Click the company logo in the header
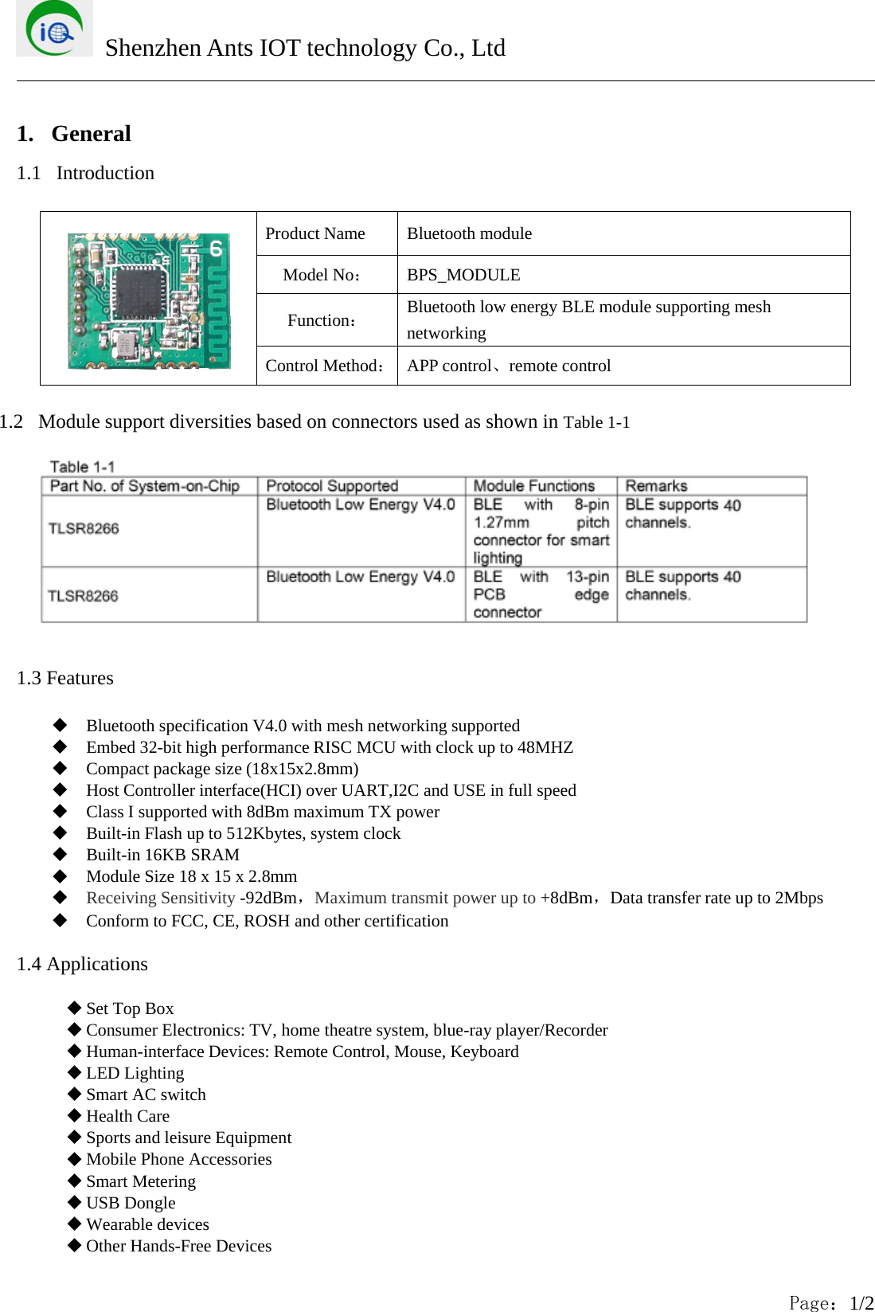click(x=54, y=29)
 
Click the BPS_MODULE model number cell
click(x=463, y=275)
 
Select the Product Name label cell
click(x=315, y=233)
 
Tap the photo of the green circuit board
click(x=149, y=301)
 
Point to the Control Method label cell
click(x=326, y=366)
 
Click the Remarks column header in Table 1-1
click(x=656, y=486)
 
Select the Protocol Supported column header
click(x=332, y=486)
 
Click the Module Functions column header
click(x=533, y=486)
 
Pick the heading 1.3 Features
click(x=65, y=678)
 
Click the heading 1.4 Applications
click(x=82, y=964)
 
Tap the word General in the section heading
click(x=91, y=134)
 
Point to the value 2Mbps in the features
click(x=799, y=898)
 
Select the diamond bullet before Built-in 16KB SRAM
click(x=60, y=854)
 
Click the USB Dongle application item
click(x=131, y=1203)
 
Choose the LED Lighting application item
click(x=135, y=1073)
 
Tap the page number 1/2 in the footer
click(x=861, y=1303)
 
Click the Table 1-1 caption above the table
click(x=82, y=467)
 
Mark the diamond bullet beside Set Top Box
click(x=75, y=1008)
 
